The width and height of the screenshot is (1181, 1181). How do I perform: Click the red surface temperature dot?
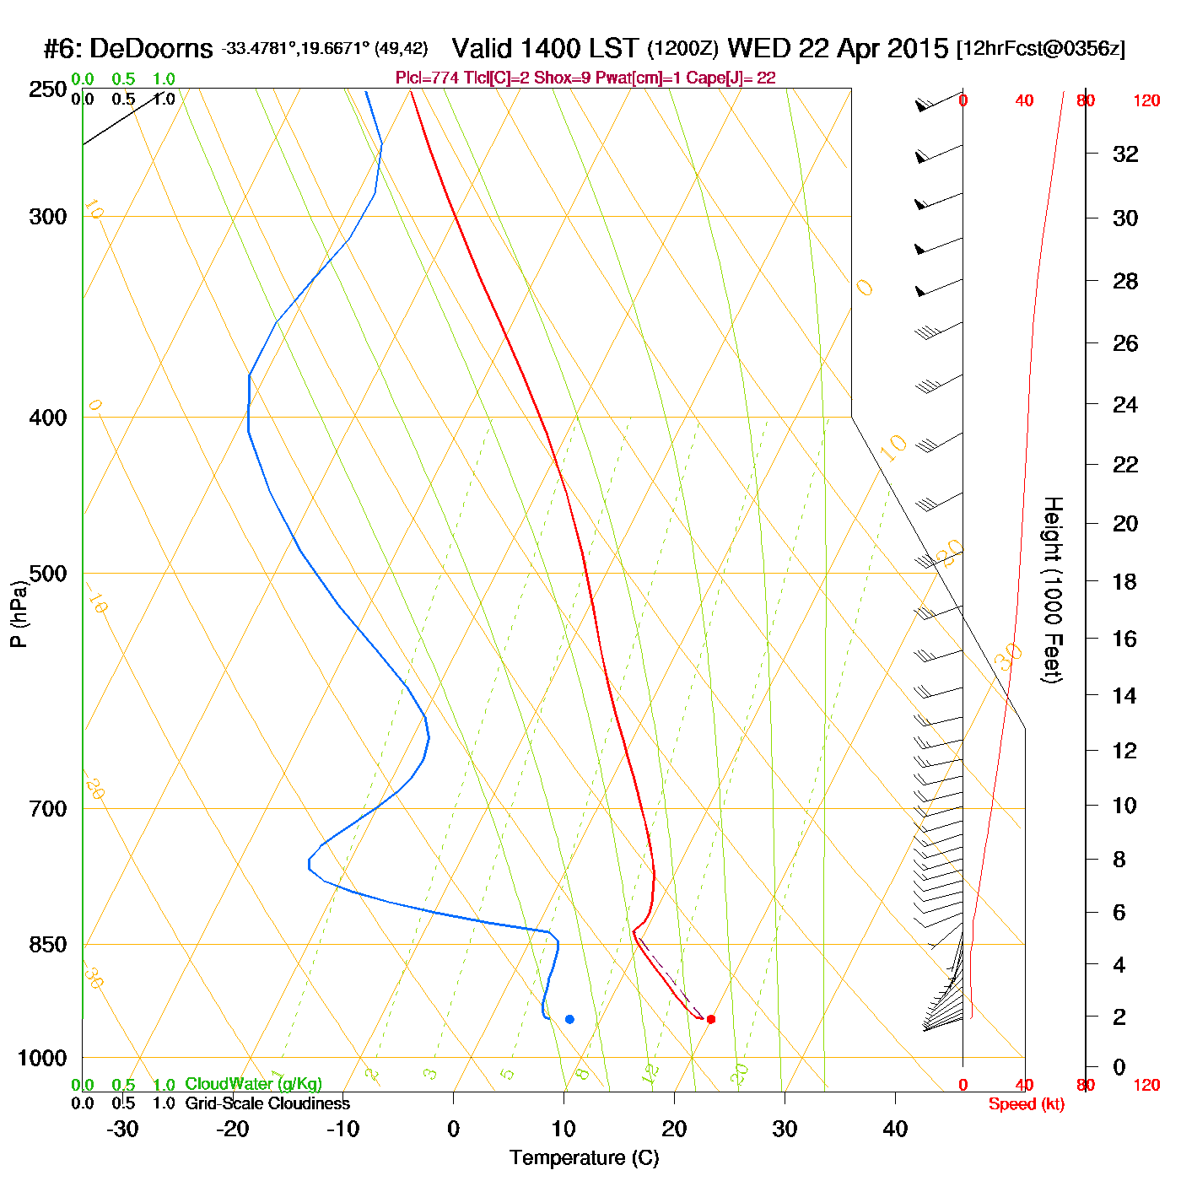coord(711,1019)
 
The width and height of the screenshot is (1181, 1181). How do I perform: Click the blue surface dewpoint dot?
coord(569,1019)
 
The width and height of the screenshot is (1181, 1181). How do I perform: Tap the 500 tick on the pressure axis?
coord(48,574)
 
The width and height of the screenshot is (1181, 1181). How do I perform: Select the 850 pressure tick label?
coord(48,945)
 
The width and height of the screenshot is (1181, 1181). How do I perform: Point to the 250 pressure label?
coord(48,89)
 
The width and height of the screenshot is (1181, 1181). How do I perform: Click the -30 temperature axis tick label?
coord(122,1129)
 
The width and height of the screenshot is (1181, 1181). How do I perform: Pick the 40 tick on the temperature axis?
coord(895,1129)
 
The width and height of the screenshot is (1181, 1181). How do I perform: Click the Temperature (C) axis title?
coord(584,1158)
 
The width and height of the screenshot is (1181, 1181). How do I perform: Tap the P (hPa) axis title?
coord(19,613)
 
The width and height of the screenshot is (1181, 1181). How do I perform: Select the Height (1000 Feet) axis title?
coord(1052,590)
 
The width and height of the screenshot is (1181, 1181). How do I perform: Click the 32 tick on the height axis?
coord(1125,154)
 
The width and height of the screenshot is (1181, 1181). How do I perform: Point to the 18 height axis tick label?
coord(1125,581)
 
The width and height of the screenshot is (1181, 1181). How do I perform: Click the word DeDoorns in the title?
coord(151,49)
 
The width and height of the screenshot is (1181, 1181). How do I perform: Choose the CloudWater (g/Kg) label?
coord(253,1084)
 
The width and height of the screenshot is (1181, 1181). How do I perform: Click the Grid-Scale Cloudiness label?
coord(267,1103)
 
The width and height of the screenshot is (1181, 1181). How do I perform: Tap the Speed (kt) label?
coord(1026,1104)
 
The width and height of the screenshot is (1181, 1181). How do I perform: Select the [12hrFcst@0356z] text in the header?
coord(1040,49)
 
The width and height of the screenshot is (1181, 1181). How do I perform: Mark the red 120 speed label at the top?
coord(1146,101)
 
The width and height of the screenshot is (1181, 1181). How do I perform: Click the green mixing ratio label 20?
coord(739,1074)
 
